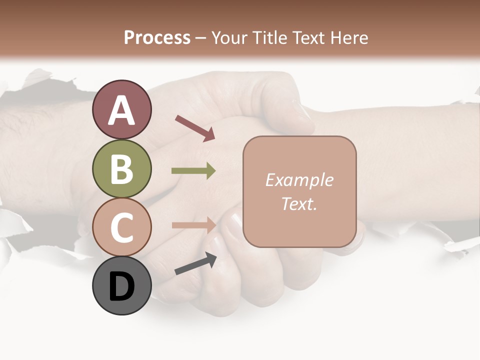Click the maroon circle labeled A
click(x=121, y=110)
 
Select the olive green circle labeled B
click(x=121, y=168)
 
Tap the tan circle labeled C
click(x=121, y=227)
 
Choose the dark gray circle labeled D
click(x=121, y=285)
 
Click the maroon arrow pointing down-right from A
click(x=195, y=128)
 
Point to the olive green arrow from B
click(x=193, y=171)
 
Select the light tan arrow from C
click(x=193, y=225)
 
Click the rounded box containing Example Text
click(x=299, y=191)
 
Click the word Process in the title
click(x=157, y=37)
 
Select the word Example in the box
click(x=299, y=180)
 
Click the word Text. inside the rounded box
click(x=299, y=203)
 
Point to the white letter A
click(x=121, y=110)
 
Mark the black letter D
click(x=121, y=286)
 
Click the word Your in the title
click(x=230, y=37)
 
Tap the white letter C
click(x=121, y=227)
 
